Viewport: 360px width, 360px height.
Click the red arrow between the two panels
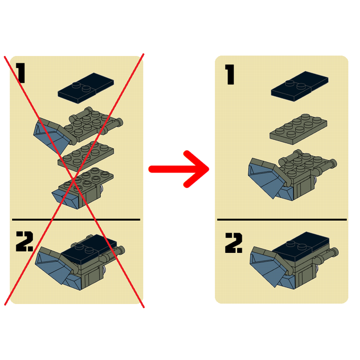[178, 169]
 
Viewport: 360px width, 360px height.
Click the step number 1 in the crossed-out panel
[21, 73]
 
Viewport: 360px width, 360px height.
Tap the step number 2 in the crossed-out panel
[25, 241]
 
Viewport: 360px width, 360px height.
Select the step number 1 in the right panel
[230, 74]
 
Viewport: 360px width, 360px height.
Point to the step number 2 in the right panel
[234, 243]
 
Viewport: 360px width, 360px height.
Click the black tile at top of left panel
[86, 88]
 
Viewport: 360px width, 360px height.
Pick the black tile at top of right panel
[300, 87]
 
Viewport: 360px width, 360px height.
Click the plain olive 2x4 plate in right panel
[298, 129]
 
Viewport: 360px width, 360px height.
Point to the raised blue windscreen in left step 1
[51, 136]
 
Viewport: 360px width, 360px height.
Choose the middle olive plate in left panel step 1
[86, 156]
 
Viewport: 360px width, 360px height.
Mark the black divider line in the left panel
[76, 220]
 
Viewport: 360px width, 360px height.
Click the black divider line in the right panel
[282, 220]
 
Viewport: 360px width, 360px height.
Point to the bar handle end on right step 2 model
[335, 252]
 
